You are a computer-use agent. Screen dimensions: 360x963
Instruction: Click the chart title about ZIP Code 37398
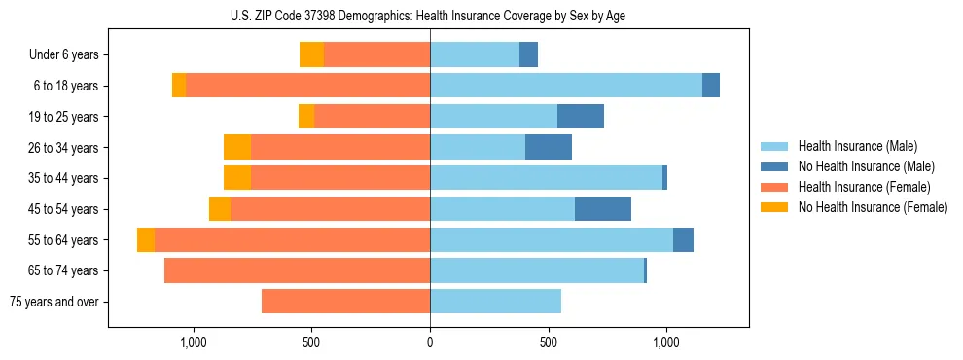429,15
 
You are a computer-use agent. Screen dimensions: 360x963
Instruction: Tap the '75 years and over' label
53,302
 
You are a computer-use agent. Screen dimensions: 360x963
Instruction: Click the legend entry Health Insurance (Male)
857,146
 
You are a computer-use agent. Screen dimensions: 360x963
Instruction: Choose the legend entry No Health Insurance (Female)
873,207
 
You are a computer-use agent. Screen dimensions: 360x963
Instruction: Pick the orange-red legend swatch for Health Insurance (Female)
774,187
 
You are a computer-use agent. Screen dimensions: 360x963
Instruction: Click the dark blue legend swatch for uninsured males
774,166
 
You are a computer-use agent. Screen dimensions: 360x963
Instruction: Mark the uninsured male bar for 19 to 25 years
581,117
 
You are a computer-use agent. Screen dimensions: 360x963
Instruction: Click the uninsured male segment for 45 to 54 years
603,209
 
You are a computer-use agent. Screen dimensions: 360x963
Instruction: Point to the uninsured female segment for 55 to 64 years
146,240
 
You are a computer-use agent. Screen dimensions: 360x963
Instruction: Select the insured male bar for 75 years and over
495,302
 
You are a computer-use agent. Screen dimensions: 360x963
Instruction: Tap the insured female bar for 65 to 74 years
297,270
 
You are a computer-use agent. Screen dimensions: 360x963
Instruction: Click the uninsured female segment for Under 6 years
311,55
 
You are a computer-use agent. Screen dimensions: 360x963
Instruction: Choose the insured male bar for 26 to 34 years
478,148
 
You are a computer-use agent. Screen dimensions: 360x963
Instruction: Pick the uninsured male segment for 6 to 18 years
711,86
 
